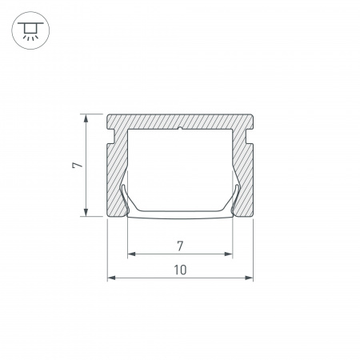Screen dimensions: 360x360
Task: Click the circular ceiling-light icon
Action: (x=30, y=30)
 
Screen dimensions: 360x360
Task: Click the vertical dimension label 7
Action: (x=78, y=166)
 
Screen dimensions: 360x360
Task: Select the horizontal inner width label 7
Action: (x=180, y=246)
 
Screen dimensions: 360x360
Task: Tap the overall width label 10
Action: (x=180, y=270)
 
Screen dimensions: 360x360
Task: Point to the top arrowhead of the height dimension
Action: (x=86, y=118)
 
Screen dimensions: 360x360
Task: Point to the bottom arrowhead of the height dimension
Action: (x=86, y=212)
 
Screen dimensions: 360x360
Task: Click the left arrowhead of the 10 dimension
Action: (x=111, y=278)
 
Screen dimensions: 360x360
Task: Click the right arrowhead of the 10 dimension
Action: (x=249, y=278)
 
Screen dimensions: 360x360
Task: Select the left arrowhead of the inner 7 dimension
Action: (x=132, y=254)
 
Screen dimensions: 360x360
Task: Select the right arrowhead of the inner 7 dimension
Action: (x=229, y=254)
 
